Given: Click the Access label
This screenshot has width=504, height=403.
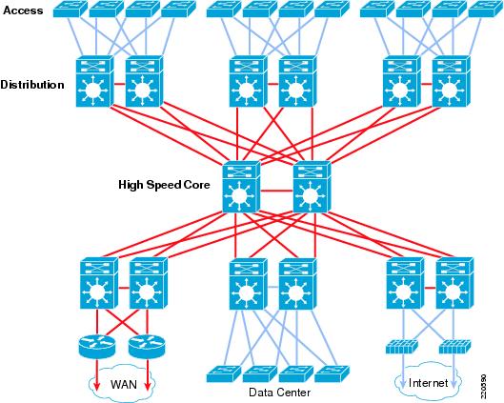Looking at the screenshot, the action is [x=23, y=10].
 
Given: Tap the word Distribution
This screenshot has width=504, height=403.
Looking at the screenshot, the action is [x=32, y=85].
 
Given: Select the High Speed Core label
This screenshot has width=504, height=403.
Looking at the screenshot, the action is [x=164, y=185].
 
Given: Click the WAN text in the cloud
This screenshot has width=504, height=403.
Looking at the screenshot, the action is [x=124, y=384].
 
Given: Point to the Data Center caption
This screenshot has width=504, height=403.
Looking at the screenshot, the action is [x=280, y=393].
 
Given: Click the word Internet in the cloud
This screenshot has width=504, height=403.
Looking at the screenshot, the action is [x=428, y=383].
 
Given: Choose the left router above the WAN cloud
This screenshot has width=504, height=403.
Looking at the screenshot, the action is [x=96, y=346].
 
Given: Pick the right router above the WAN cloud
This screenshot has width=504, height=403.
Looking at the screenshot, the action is [x=147, y=346].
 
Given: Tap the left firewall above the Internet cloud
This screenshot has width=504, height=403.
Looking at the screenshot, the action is [x=402, y=347].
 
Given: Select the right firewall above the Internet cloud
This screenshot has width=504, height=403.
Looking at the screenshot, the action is [x=454, y=347].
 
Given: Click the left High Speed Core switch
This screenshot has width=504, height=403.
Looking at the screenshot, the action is [x=241, y=187].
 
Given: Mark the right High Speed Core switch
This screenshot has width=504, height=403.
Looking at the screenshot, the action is [x=312, y=187].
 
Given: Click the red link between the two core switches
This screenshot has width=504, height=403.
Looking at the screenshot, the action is [x=276, y=191].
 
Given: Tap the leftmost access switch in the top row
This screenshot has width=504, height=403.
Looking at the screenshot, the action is [x=71, y=9].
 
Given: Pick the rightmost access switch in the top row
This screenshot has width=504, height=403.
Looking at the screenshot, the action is [x=486, y=9].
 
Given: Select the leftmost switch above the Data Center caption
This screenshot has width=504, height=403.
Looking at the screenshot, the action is [x=224, y=373].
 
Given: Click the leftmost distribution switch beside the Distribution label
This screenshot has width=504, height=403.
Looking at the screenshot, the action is [x=95, y=81].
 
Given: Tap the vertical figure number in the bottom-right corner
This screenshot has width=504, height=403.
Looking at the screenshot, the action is [x=484, y=385].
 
